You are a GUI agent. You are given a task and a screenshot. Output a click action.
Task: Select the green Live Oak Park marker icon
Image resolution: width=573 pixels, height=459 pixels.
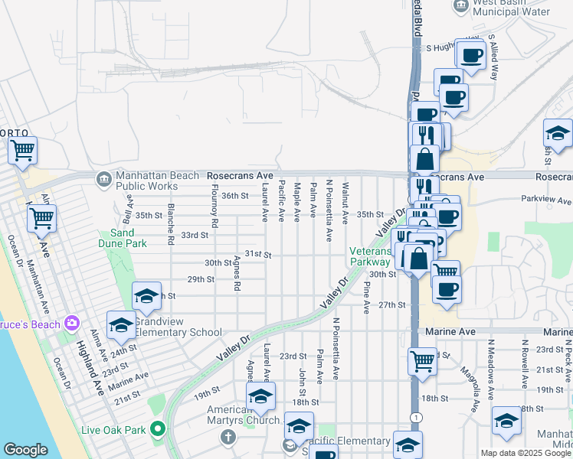click(159, 428)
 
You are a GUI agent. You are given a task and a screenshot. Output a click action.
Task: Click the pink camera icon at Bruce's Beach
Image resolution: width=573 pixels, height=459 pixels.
click(73, 322)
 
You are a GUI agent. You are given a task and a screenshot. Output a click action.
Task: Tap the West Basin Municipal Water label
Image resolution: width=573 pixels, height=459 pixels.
click(512, 7)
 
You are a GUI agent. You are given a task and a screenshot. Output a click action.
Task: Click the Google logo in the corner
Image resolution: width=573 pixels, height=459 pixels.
click(25, 450)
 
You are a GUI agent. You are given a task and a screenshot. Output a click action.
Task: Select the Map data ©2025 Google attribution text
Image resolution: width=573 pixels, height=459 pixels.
click(525, 453)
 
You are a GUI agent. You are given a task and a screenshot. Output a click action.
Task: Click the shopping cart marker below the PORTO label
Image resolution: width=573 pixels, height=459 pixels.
click(22, 150)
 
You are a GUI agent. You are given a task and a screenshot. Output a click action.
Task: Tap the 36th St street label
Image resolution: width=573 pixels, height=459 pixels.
click(235, 196)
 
